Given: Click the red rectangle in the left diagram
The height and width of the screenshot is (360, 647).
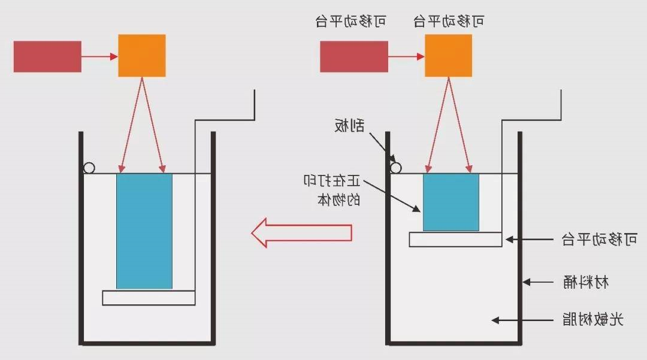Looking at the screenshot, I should pyautogui.click(x=47, y=56).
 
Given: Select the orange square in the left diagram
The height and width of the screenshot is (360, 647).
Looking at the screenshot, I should pyautogui.click(x=141, y=56).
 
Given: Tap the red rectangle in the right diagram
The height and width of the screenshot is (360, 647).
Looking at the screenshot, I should pyautogui.click(x=353, y=56).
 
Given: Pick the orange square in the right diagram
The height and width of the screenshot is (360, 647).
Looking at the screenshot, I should pyautogui.click(x=448, y=56).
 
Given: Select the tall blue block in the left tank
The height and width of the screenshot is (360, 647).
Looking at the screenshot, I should pyautogui.click(x=144, y=231).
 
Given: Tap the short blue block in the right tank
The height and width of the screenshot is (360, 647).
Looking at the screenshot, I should pyautogui.click(x=451, y=202).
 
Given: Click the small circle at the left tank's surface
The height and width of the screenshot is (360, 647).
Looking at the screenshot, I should pyautogui.click(x=89, y=168).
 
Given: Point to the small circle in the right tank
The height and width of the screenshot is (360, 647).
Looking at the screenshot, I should pyautogui.click(x=395, y=168).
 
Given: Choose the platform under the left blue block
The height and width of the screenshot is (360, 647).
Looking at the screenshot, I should pyautogui.click(x=149, y=298).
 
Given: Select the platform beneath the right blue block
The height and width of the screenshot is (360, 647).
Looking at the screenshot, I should pyautogui.click(x=455, y=239).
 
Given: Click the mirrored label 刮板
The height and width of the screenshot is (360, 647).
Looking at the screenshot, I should pyautogui.click(x=349, y=125).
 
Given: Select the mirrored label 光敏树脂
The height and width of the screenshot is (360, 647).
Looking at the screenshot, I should pyautogui.click(x=592, y=319).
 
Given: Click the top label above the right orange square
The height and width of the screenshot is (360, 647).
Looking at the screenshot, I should pyautogui.click(x=449, y=22).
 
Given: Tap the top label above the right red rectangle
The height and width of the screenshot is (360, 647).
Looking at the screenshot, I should pyautogui.click(x=350, y=22).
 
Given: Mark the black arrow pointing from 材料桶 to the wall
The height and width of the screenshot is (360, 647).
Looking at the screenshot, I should pyautogui.click(x=542, y=282).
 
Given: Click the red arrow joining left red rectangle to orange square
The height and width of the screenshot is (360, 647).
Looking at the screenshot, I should pyautogui.click(x=99, y=56).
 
